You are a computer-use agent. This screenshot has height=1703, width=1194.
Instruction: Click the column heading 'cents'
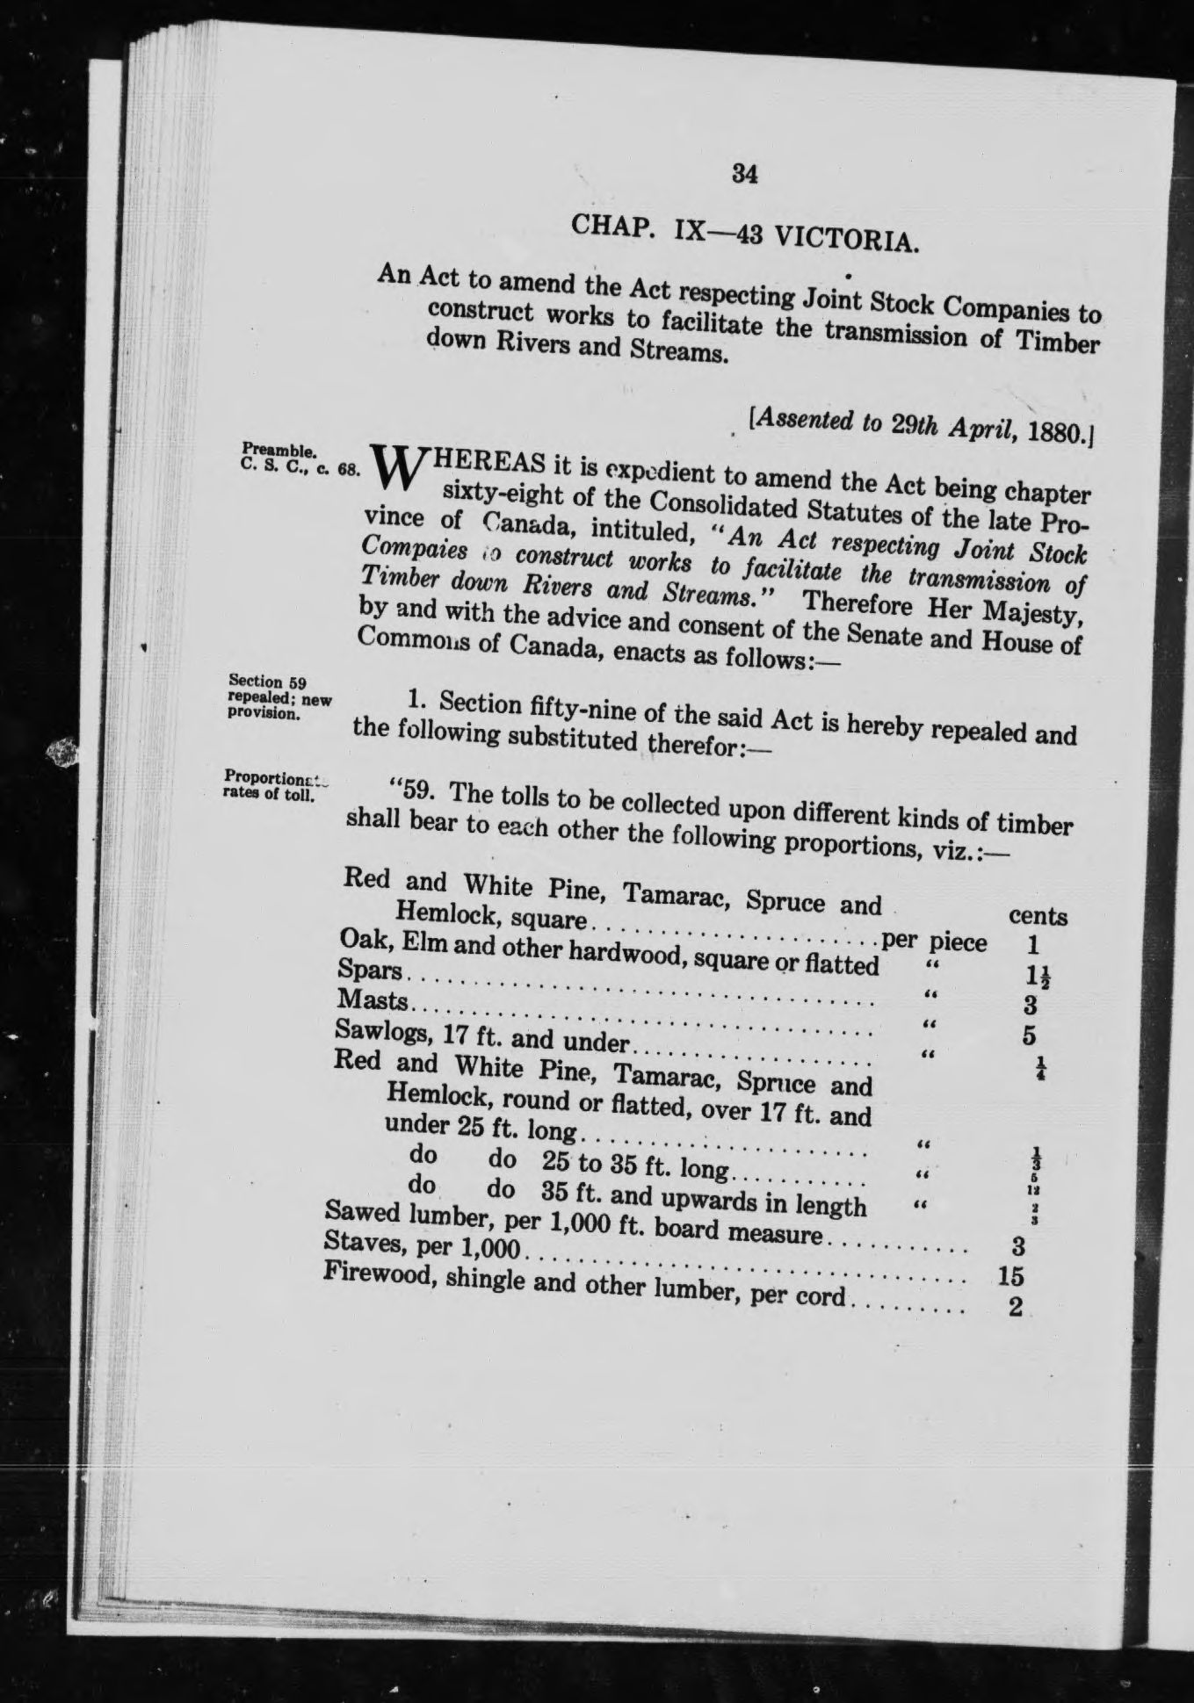pyautogui.click(x=1038, y=917)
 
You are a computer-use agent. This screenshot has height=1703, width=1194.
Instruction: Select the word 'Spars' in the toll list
pyautogui.click(x=368, y=971)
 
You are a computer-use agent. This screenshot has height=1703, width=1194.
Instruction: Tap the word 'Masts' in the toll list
pyautogui.click(x=374, y=1001)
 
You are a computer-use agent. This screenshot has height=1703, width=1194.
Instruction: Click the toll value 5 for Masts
pyautogui.click(x=1030, y=1036)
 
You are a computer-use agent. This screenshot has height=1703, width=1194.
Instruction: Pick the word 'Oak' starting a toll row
pyautogui.click(x=359, y=941)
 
